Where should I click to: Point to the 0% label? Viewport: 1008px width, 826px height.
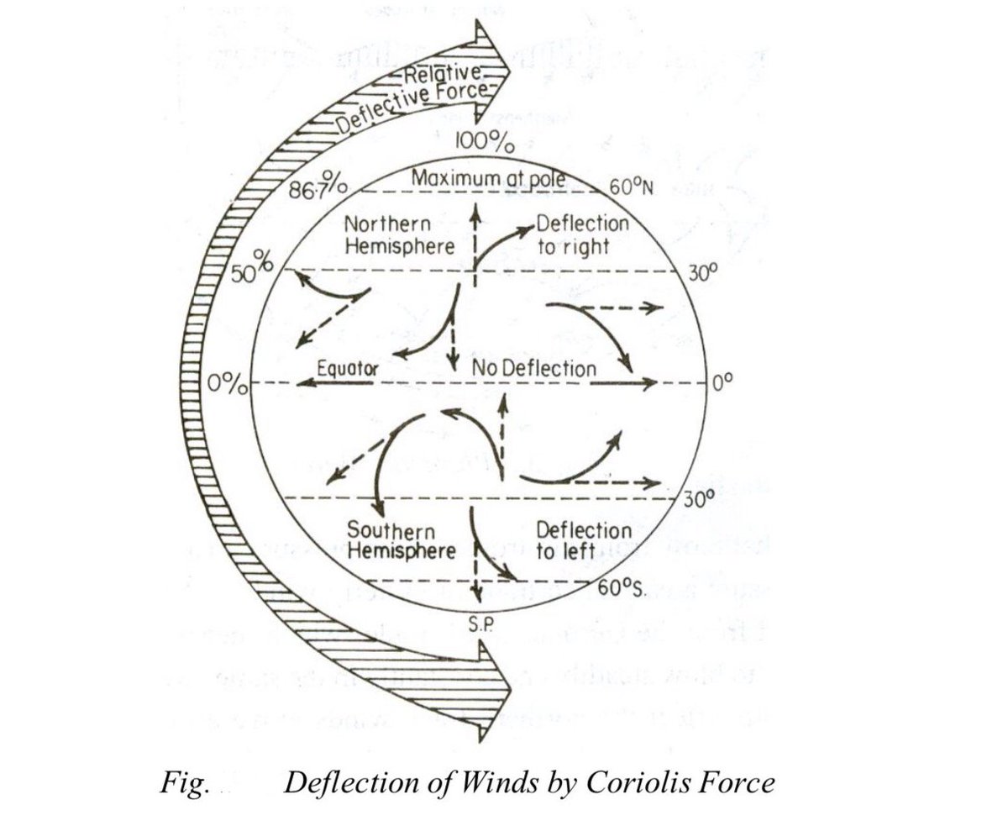227,386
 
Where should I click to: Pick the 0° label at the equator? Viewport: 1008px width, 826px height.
723,383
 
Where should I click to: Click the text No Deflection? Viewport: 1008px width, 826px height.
534,368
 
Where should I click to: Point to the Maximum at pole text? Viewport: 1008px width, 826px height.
485,178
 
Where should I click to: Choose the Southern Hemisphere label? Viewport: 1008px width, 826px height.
401,542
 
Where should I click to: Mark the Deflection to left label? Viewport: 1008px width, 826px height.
583,541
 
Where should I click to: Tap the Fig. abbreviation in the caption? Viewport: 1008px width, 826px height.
183,783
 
